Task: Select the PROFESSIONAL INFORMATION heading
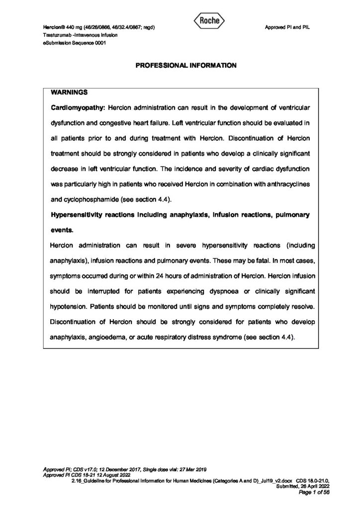(x=180, y=66)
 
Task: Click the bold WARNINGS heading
(x=70, y=92)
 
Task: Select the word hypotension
(x=70, y=307)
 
